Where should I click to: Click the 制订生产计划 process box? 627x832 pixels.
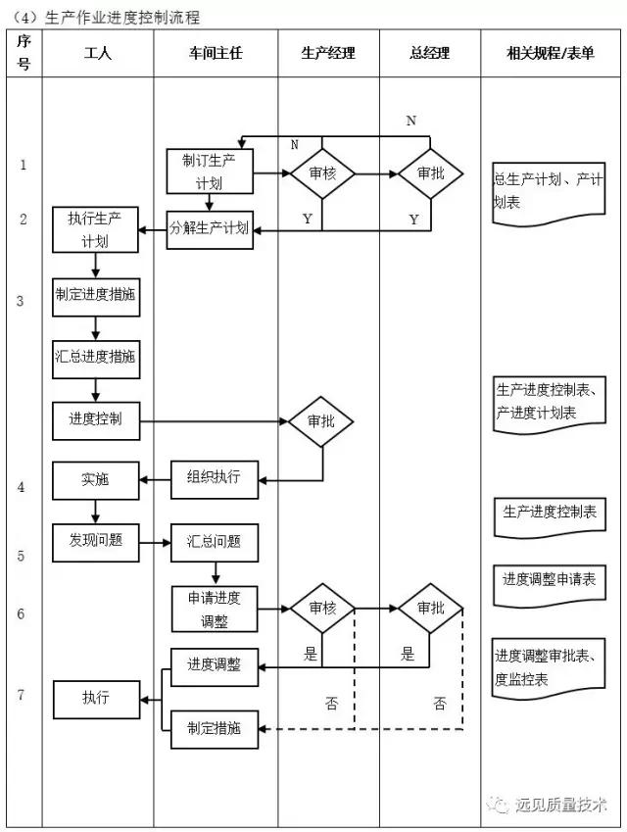coord(210,171)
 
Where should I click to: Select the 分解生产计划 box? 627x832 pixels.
coord(209,229)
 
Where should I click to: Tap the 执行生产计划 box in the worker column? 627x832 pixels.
coord(95,229)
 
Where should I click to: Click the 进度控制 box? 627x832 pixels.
coord(95,419)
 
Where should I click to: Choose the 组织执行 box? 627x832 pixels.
coord(213,478)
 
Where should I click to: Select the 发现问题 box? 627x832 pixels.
coord(95,540)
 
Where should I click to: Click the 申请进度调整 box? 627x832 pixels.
coord(214,609)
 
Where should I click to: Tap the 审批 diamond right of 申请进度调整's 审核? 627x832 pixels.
coord(430,609)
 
